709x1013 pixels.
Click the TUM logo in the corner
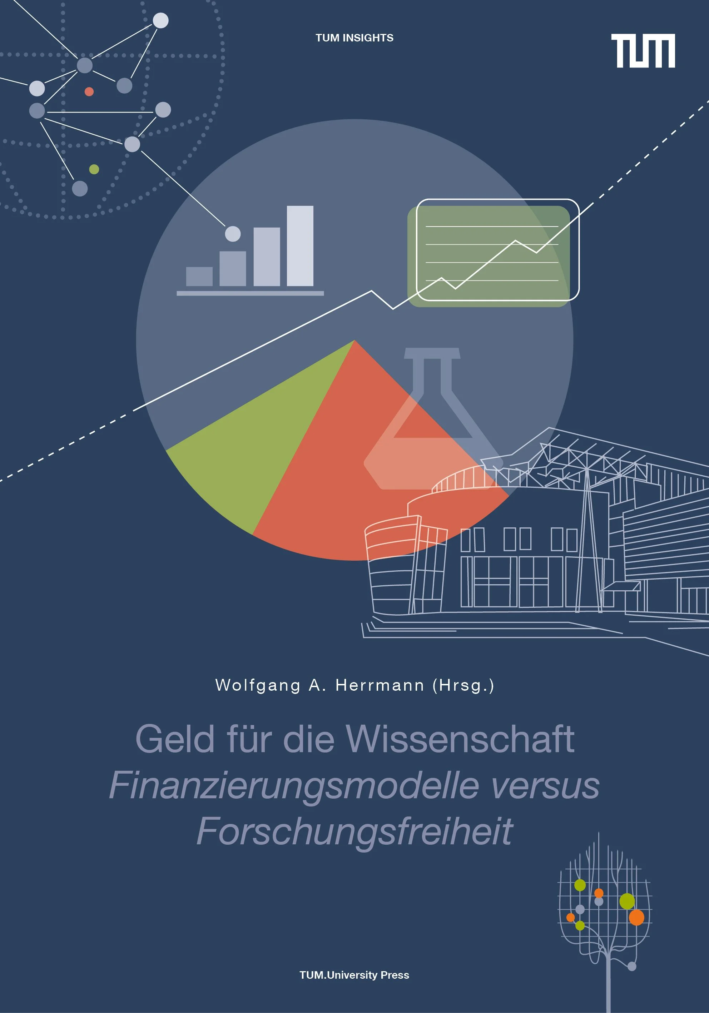point(643,51)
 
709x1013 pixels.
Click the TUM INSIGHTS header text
point(354,38)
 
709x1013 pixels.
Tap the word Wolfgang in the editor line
point(258,685)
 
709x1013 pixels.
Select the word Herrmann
point(380,685)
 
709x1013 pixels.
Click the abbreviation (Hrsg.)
point(463,686)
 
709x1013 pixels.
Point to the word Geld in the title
point(175,739)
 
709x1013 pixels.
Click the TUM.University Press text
point(354,975)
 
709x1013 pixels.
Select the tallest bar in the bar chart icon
point(300,246)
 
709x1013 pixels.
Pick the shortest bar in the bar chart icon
point(199,276)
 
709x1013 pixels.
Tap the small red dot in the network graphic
point(89,91)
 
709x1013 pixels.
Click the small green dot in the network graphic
point(94,169)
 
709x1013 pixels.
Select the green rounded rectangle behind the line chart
point(489,256)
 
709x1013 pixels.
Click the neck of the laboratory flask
point(432,375)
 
